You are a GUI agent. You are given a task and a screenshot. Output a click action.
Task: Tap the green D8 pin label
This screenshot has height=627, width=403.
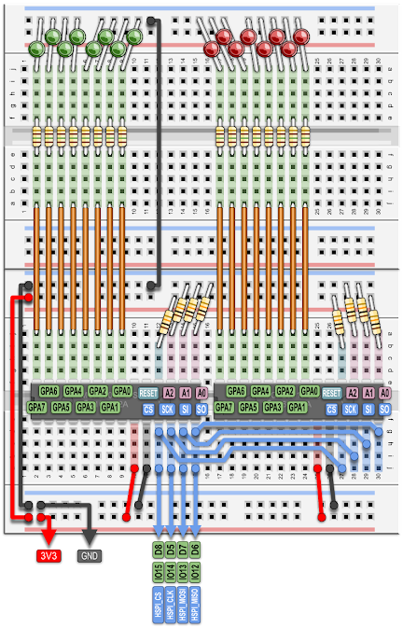click(159, 548)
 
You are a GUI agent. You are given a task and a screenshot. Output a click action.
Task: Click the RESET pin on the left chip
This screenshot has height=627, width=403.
click(148, 393)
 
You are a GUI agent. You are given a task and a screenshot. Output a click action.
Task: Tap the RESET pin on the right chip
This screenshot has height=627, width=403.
click(331, 393)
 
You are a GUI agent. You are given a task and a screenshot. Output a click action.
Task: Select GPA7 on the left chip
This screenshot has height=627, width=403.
click(37, 408)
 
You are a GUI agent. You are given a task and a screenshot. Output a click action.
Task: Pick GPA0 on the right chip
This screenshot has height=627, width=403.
click(308, 393)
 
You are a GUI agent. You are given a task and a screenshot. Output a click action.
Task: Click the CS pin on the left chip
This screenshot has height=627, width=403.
click(148, 409)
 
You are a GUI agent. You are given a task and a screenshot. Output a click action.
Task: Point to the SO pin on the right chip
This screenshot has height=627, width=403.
click(384, 409)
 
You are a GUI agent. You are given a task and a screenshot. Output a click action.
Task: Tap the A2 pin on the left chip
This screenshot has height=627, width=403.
click(169, 393)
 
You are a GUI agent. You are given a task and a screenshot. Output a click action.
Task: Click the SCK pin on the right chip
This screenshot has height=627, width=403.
click(351, 409)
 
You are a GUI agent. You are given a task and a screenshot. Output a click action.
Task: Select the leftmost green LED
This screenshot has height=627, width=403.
click(37, 48)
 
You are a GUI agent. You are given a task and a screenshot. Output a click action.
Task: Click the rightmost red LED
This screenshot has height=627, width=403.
click(300, 37)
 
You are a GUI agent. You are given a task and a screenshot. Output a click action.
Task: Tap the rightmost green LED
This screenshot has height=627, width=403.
click(134, 37)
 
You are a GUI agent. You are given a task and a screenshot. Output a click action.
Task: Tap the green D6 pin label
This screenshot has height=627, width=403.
click(195, 548)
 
